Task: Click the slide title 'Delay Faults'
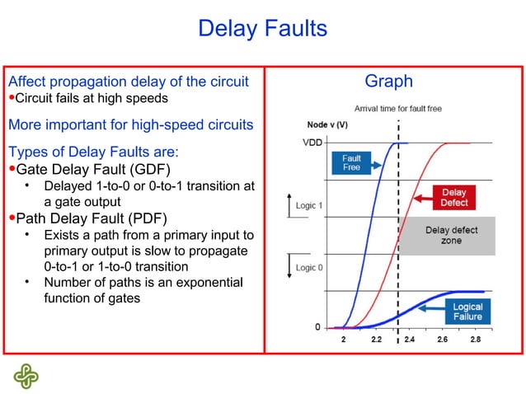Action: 263,29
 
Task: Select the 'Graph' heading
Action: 388,82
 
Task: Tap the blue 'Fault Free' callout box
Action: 351,162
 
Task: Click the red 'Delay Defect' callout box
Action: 454,198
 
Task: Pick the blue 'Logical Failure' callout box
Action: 467,312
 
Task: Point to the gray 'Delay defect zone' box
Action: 450,235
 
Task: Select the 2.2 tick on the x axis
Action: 376,340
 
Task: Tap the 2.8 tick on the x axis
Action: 477,340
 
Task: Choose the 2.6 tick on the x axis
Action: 443,340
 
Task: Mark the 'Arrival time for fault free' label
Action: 400,108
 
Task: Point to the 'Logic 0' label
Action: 309,268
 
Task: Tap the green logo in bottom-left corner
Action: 26,374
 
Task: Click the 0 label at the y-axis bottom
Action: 317,327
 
